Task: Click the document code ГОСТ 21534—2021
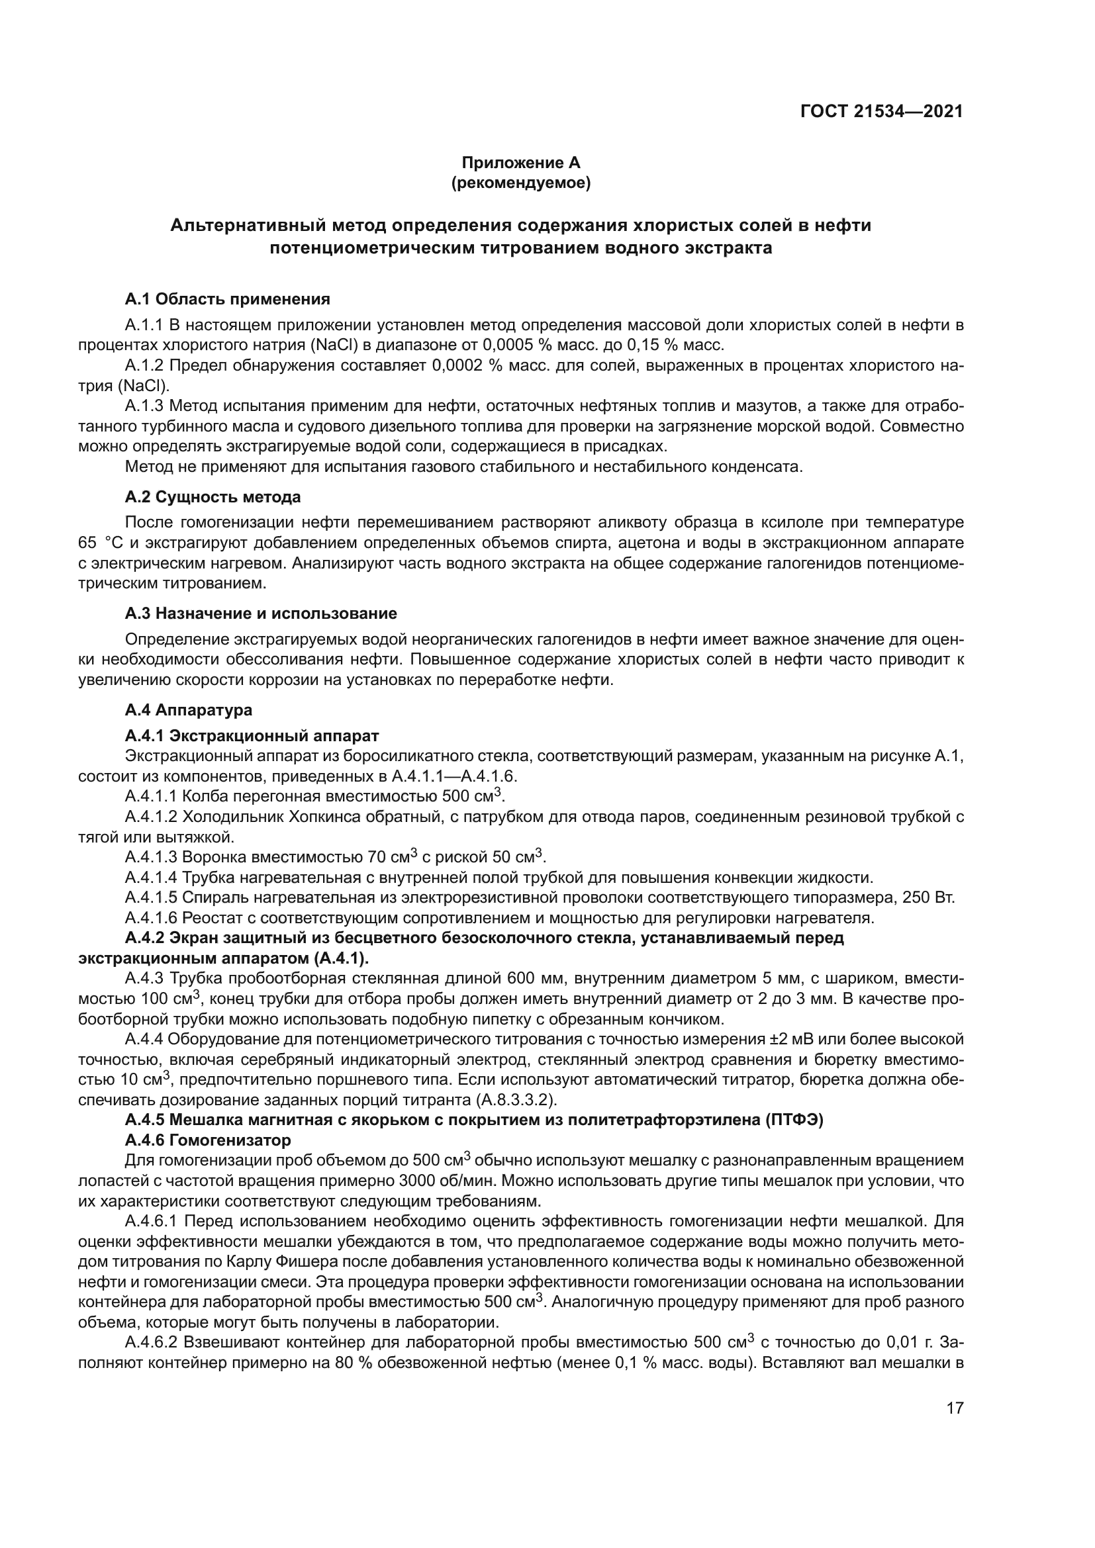881,112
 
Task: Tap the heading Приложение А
520,163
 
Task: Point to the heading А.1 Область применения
227,298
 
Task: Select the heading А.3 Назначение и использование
261,614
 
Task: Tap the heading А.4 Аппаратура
189,709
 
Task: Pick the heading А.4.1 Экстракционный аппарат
252,735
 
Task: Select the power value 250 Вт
928,898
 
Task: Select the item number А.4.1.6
151,919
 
